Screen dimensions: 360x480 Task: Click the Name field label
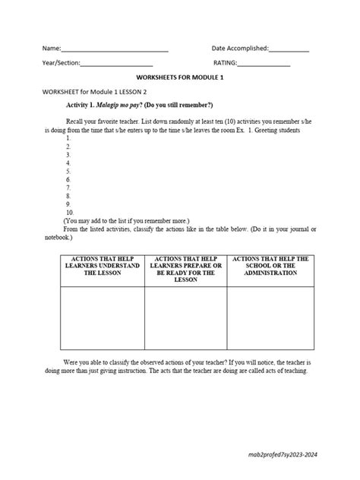tap(51, 49)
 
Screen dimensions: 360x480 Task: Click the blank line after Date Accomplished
tap(289, 50)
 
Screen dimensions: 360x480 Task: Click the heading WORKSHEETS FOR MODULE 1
tap(179, 77)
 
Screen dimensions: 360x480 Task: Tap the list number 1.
tap(68, 138)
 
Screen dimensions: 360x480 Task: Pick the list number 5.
tap(68, 171)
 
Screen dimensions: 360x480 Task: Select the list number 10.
tap(70, 212)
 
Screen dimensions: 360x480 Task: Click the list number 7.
tap(68, 187)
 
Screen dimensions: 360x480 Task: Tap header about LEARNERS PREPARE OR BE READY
tap(185, 269)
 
